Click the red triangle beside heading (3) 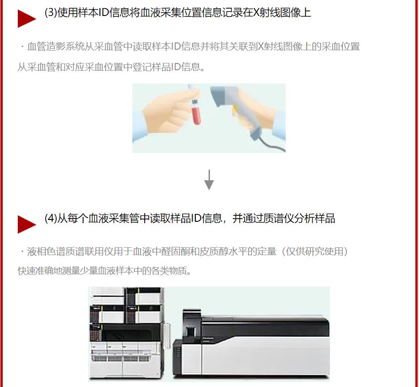pos(26,18)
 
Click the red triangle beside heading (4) pos(26,224)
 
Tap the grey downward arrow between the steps pos(209,180)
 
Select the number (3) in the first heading pos(51,13)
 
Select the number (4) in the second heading pos(51,218)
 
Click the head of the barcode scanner pos(225,95)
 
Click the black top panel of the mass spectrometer pos(265,325)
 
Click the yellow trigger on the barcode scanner pos(235,109)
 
